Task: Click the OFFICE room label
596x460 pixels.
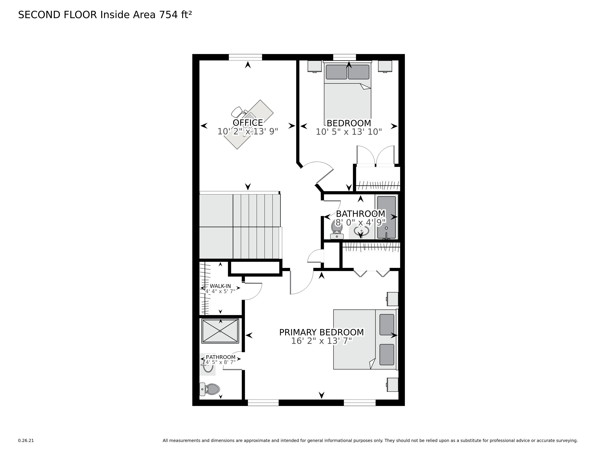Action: click(247, 123)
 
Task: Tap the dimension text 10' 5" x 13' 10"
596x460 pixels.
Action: click(349, 132)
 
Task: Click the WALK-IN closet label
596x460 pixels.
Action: click(220, 286)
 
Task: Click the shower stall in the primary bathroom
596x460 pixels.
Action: click(220, 331)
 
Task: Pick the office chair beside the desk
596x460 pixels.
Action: click(237, 112)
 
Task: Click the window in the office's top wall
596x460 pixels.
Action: click(245, 57)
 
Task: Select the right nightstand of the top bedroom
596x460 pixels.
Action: click(385, 66)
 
